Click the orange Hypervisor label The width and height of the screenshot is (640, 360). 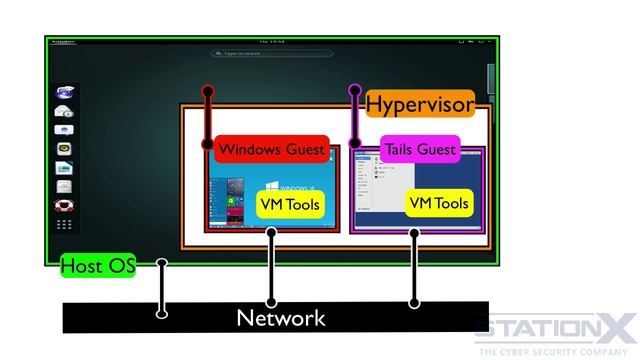coord(419,103)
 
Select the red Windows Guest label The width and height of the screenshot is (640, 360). coord(271,149)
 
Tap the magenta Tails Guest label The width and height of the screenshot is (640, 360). coord(420,149)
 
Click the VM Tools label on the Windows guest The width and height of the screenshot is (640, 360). coord(289,204)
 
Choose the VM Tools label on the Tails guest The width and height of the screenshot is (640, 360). coord(439,203)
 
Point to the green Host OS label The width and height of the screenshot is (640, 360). coord(97,266)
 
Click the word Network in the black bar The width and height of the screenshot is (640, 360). coord(280,318)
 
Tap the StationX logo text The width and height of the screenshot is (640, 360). coord(555,326)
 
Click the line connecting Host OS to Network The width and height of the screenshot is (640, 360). coord(162,290)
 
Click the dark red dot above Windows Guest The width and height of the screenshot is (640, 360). coord(208,92)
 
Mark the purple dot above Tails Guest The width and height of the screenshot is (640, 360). coord(354,92)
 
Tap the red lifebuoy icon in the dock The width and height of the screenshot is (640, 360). coord(64,205)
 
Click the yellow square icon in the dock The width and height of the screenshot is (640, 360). coord(64,149)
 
